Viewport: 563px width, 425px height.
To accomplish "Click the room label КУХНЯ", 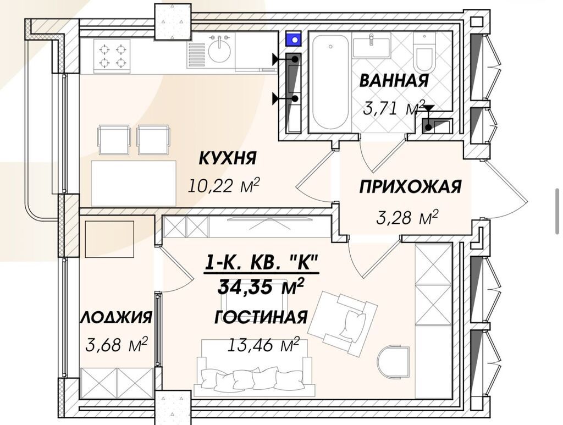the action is [x=228, y=158].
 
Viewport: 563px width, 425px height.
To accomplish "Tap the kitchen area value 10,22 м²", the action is [x=224, y=186].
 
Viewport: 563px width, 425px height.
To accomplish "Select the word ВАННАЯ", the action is [x=394, y=80].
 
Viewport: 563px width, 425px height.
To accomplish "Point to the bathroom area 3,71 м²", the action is [x=394, y=108].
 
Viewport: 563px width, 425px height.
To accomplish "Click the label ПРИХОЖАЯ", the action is [x=410, y=187].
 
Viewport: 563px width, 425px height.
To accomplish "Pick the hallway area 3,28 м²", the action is [x=407, y=218].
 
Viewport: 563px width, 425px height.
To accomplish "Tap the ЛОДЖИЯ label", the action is [x=117, y=317].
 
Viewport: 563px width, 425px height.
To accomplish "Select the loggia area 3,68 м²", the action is [x=117, y=345].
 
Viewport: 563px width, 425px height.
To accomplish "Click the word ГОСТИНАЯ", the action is [x=261, y=317].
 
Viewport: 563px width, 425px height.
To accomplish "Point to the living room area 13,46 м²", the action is [x=263, y=345].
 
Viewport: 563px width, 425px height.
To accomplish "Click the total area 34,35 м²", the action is [x=261, y=286].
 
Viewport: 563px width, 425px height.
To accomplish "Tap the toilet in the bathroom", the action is [x=424, y=53].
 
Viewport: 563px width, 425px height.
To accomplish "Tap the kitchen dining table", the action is [x=134, y=183].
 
